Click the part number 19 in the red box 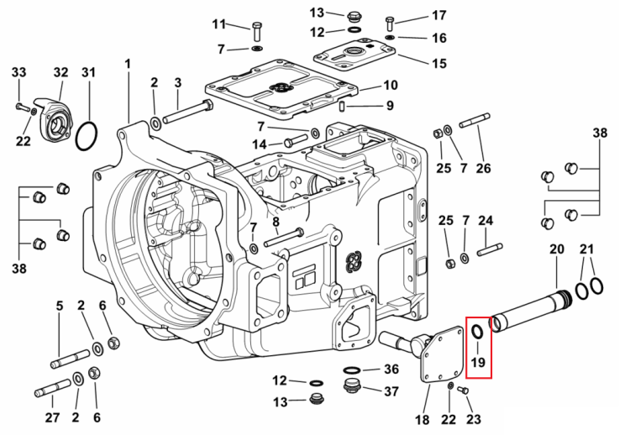[x=478, y=362]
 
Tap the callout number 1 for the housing [x=128, y=65]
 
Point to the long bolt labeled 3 [x=188, y=112]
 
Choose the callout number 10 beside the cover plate [x=390, y=85]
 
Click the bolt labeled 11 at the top [x=257, y=32]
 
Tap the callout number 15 [x=439, y=64]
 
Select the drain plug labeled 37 [x=352, y=386]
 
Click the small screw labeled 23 [x=464, y=390]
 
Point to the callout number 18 [x=422, y=420]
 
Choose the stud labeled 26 [x=475, y=120]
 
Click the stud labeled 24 [x=490, y=249]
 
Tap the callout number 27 [x=52, y=417]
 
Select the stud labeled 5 [x=71, y=359]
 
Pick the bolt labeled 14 [x=296, y=141]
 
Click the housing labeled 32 [x=55, y=119]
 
